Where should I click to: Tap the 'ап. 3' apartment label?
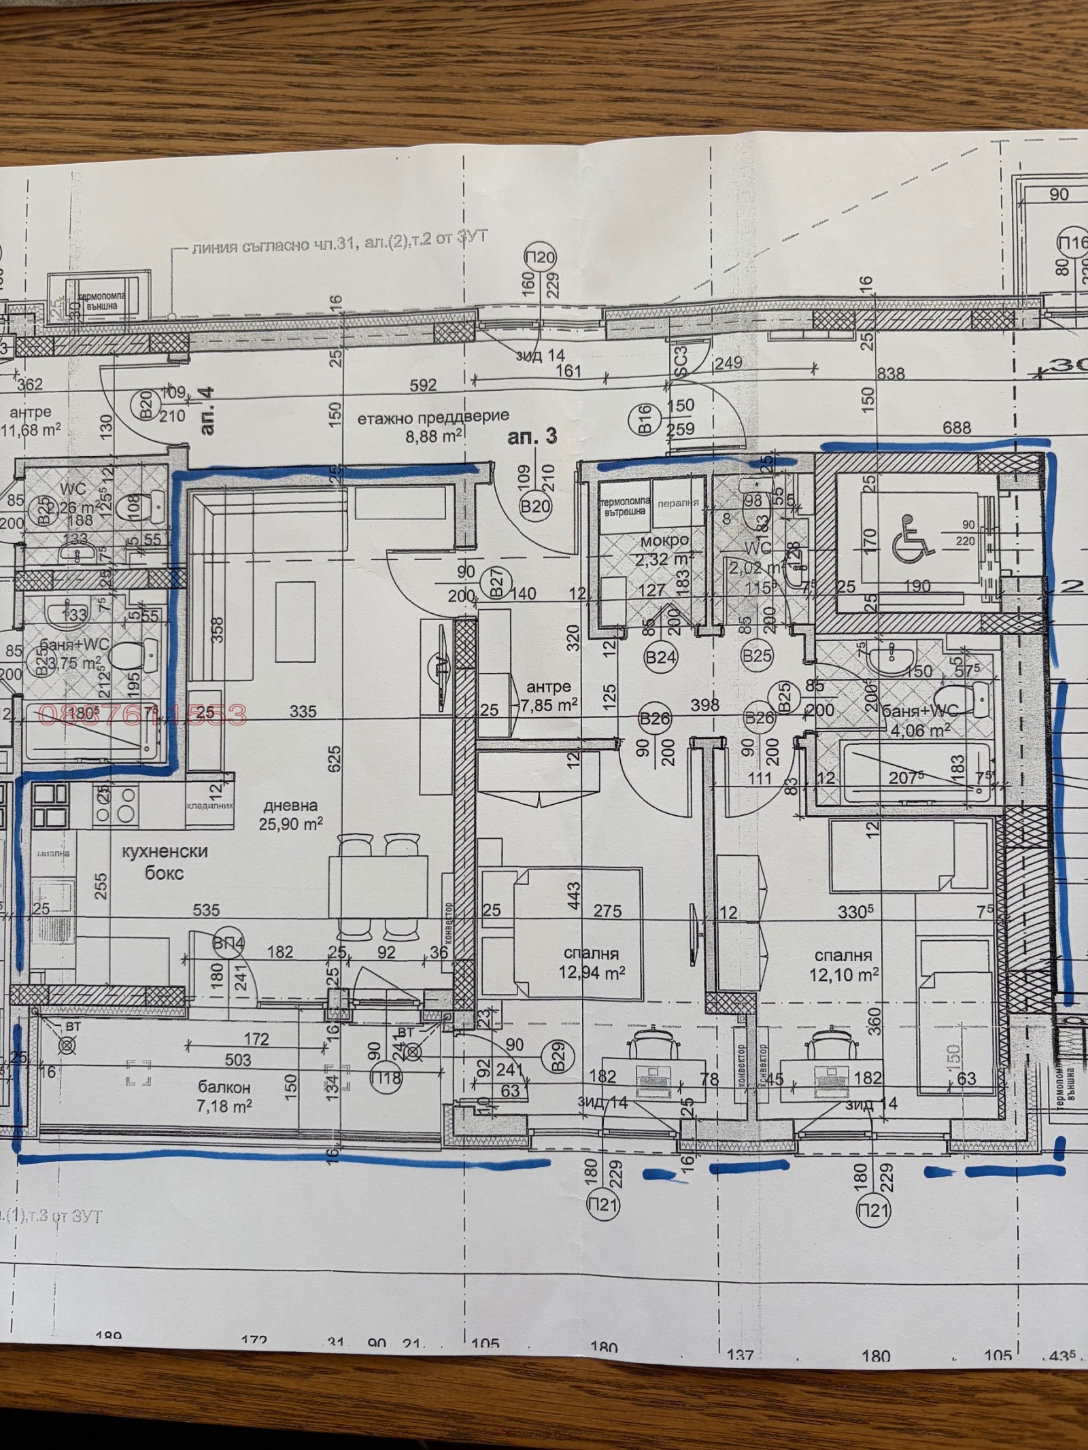[532, 436]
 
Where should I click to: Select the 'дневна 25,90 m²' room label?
[290, 814]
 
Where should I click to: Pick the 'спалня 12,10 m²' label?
[843, 965]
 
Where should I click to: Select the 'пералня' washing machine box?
[678, 504]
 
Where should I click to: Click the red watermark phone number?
[143, 714]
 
